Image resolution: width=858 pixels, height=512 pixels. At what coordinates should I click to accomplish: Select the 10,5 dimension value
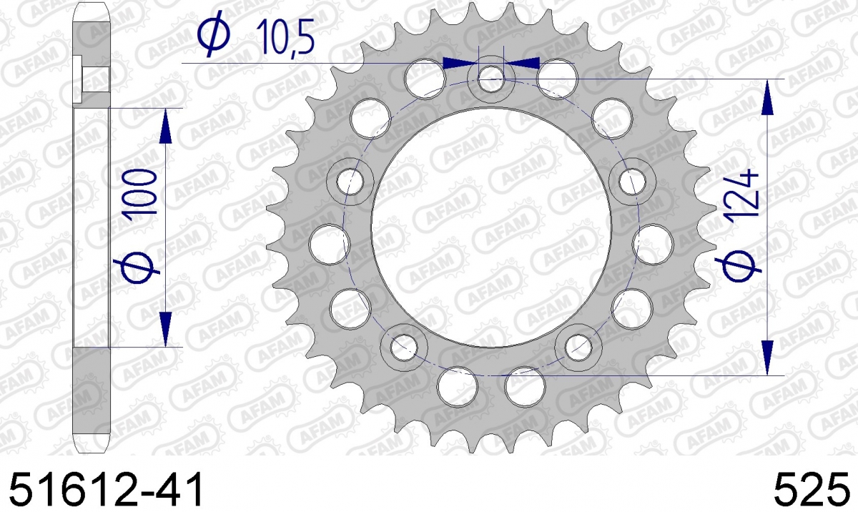coord(285,37)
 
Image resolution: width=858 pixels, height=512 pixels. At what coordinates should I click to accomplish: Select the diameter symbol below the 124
coord(739,266)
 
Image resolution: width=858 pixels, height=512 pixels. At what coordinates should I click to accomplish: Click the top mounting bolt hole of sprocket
coord(491,79)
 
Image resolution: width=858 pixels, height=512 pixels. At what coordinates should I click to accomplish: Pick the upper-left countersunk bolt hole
coord(350,182)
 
